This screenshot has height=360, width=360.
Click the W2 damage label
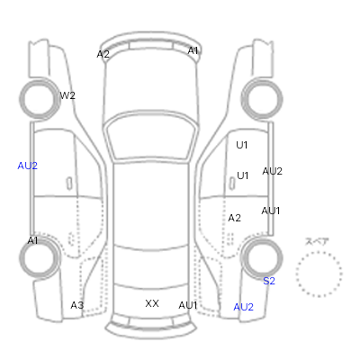point(67,95)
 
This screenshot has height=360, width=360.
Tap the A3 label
point(77,305)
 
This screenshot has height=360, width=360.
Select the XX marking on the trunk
point(152,303)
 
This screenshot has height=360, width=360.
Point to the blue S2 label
point(269,281)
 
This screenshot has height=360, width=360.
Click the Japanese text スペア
point(317,241)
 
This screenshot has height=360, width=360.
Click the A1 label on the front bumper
point(193,50)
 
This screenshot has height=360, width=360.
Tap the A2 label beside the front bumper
point(103,54)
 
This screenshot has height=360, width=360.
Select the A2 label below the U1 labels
point(234,218)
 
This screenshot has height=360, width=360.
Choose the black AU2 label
point(272,171)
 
